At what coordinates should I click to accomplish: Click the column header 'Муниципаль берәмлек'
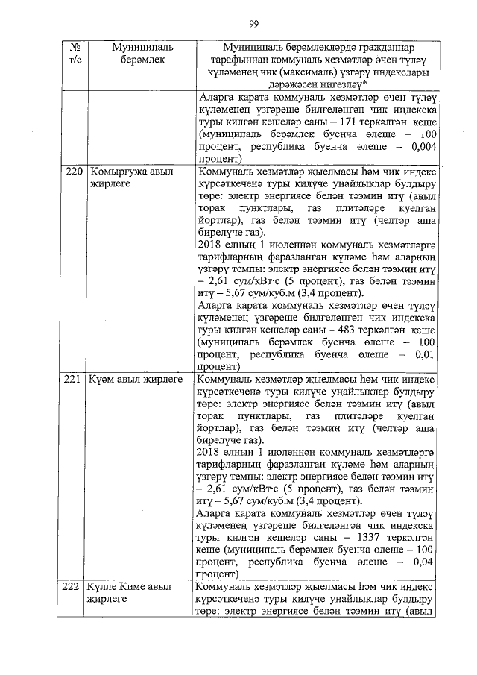pyautogui.click(x=142, y=53)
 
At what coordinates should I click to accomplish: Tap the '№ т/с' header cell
pyautogui.click(x=74, y=53)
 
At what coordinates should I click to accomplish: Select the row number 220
pyautogui.click(x=74, y=172)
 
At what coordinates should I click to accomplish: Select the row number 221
pyautogui.click(x=74, y=380)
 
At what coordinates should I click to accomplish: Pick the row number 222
pyautogui.click(x=74, y=589)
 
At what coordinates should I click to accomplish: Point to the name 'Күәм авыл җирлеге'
pyautogui.click(x=134, y=380)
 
